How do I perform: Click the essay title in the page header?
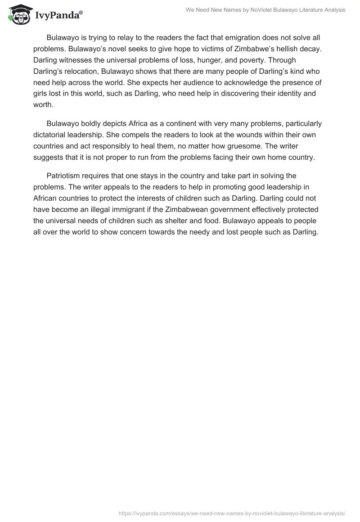(x=265, y=10)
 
